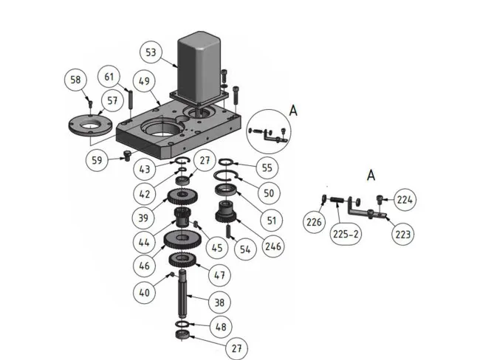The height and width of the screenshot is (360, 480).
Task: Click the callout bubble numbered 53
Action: pos(151,53)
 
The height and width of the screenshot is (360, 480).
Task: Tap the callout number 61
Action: pos(109,76)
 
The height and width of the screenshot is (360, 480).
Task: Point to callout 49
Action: pos(143,80)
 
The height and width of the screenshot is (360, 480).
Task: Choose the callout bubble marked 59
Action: pos(97,158)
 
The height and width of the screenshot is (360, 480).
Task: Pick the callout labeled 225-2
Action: pos(346,233)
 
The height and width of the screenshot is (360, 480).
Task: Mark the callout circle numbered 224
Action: pos(405,199)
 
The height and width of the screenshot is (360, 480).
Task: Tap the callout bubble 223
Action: pos(403,233)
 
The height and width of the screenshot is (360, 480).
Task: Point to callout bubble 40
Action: pos(143,292)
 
